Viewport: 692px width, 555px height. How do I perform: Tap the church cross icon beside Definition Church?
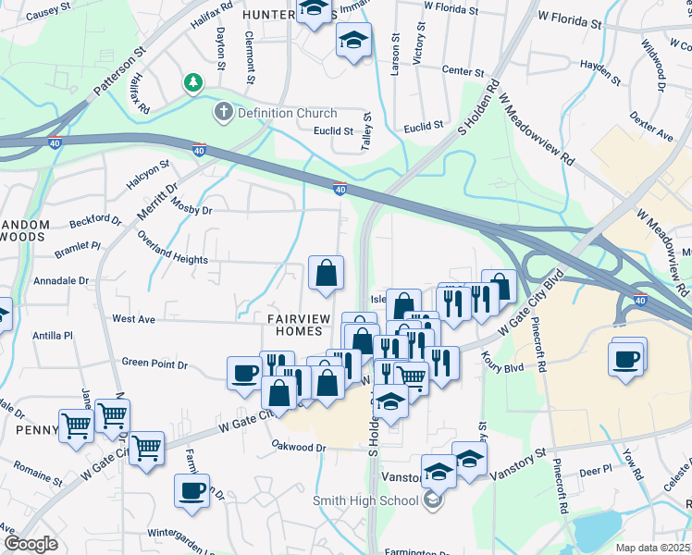point(222,114)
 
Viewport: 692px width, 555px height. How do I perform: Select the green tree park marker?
point(193,83)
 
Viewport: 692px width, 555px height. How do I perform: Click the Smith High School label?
point(367,501)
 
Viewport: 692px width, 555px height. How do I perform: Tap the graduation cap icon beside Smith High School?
point(432,501)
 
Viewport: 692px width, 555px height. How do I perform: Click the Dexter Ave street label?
point(653,129)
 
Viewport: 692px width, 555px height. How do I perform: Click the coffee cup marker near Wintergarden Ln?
point(192,490)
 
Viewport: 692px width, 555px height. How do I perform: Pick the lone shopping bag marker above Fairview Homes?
point(326,273)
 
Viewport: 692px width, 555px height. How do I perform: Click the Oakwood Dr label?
point(299,448)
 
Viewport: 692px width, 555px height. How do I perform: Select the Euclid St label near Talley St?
point(334,131)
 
